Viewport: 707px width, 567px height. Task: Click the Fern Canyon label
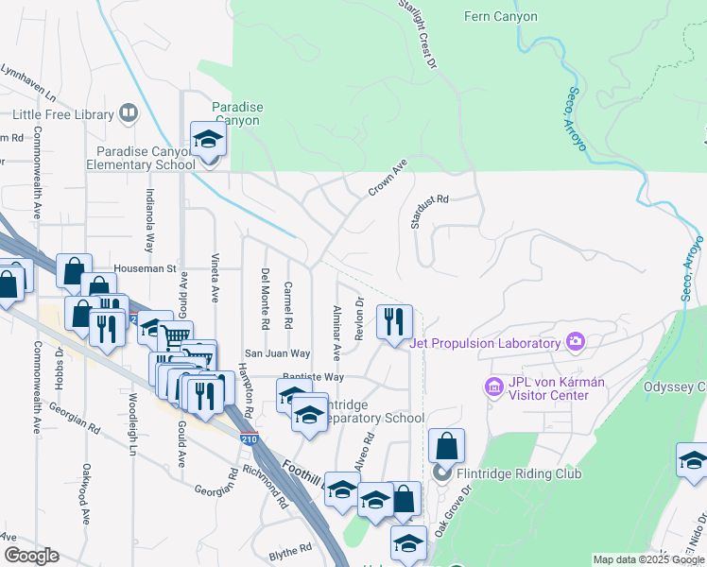[501, 16]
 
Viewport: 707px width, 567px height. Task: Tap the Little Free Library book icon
[129, 114]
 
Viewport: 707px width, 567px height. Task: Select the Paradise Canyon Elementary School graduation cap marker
[207, 141]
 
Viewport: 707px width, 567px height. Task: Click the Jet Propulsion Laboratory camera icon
[574, 341]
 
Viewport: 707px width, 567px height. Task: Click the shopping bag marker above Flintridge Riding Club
[447, 446]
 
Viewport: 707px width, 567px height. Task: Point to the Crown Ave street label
[387, 177]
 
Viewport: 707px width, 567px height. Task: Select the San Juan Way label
[278, 353]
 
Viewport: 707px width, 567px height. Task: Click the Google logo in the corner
[30, 556]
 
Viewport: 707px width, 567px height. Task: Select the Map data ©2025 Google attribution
[648, 559]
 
